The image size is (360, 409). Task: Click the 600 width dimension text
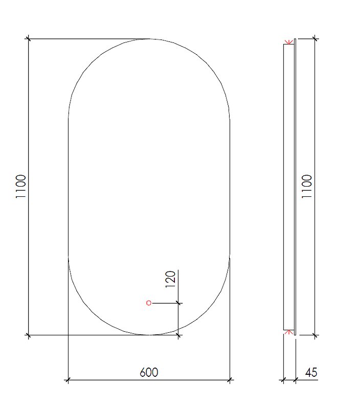149,372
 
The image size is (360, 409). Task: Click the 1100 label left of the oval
20,187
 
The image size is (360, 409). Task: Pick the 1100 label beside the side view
306,187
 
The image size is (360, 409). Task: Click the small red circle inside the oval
149,303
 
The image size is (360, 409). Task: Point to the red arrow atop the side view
290,42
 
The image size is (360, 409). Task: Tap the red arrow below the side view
290,332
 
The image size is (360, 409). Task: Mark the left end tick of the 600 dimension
68,380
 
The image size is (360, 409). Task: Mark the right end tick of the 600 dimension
230,380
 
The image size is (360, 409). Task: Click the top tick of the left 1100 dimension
28,38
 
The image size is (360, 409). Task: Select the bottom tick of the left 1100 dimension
28,335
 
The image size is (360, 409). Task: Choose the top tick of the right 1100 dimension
314,38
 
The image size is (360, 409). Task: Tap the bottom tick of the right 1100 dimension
314,335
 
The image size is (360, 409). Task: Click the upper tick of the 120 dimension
178,303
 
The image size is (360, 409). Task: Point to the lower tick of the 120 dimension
178,335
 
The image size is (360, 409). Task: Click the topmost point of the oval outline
149,38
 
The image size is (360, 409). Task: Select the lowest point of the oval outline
149,335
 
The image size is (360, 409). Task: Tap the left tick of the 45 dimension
283,380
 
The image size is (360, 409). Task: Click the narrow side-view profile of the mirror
289,187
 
